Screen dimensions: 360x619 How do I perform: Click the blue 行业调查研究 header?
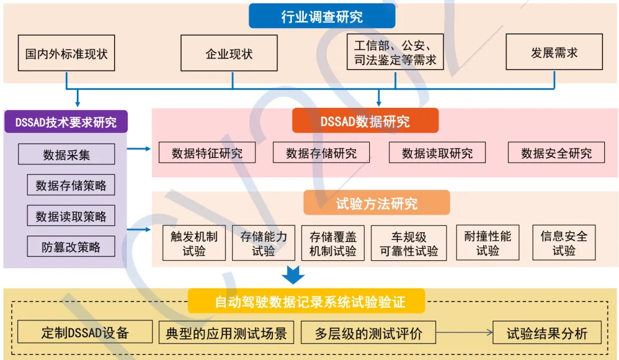(x=322, y=16)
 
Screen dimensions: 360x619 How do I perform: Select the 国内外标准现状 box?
(x=66, y=54)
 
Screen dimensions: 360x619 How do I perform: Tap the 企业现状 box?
(x=229, y=54)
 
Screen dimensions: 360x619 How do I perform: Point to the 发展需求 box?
(x=554, y=53)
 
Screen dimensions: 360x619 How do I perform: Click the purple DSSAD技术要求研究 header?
(x=65, y=122)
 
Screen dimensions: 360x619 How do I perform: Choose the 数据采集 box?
(x=66, y=154)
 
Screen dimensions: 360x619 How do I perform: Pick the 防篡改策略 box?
(x=71, y=246)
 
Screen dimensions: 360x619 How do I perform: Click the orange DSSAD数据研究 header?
(x=365, y=121)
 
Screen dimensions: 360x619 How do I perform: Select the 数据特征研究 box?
(x=207, y=153)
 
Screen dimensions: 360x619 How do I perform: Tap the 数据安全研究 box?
(x=556, y=153)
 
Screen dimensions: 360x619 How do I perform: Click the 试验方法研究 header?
(x=377, y=203)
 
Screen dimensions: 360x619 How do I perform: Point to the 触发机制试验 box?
(x=194, y=243)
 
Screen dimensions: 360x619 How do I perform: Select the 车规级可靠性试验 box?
(x=409, y=243)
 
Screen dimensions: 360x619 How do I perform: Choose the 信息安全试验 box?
(x=564, y=243)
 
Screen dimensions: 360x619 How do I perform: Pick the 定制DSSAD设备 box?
(x=85, y=332)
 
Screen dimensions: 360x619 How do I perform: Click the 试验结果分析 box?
(x=547, y=332)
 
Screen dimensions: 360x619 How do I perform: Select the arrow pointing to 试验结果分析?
(x=464, y=332)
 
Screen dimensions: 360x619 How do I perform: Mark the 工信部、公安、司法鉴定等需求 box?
(x=395, y=53)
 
